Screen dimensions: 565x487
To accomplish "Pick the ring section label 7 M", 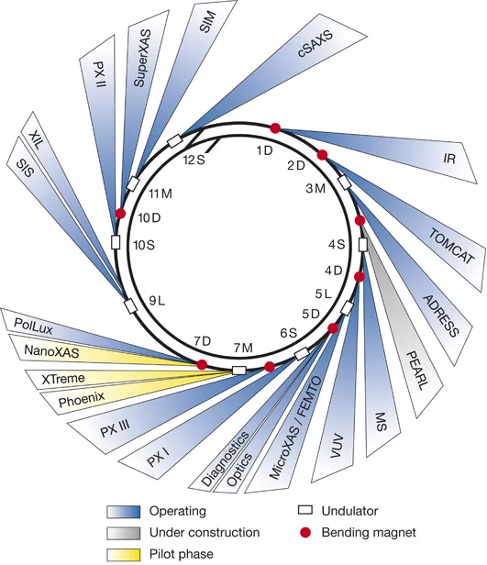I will click(243, 348).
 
